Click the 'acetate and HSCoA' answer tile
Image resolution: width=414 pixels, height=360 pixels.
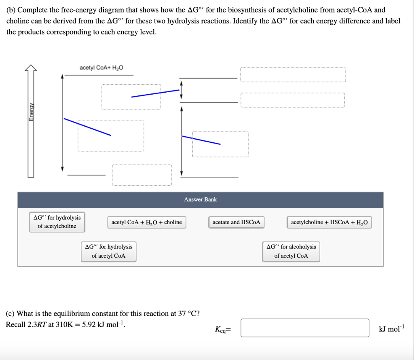click(x=237, y=222)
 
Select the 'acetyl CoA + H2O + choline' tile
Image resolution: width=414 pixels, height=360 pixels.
click(x=147, y=222)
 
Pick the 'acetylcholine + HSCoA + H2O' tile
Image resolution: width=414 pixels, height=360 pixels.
click(x=330, y=222)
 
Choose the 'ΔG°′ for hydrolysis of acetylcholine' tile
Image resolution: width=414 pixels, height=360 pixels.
click(x=57, y=222)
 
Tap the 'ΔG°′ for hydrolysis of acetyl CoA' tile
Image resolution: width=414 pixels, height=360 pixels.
click(x=108, y=251)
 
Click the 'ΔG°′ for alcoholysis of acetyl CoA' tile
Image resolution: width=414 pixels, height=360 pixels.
click(x=291, y=251)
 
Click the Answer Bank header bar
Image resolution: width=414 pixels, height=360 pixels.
click(x=200, y=199)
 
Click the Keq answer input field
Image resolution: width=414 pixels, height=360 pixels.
click(x=305, y=328)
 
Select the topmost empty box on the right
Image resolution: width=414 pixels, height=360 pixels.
click(x=293, y=74)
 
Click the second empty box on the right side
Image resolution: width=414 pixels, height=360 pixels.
click(x=293, y=100)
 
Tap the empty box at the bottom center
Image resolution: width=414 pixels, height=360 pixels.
click(x=142, y=175)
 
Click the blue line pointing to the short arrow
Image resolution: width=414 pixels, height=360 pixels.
click(x=155, y=93)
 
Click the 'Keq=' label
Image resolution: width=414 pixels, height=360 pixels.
click(x=222, y=330)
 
